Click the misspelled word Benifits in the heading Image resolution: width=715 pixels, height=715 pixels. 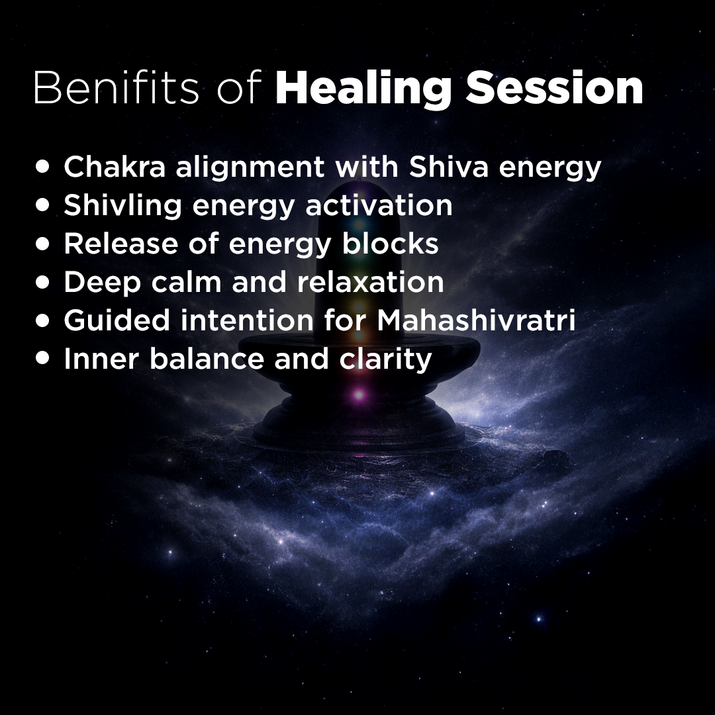[x=116, y=88]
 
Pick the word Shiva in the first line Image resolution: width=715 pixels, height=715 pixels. [x=450, y=167]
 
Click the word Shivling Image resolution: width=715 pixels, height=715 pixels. [x=123, y=206]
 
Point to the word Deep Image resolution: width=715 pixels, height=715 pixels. [x=100, y=283]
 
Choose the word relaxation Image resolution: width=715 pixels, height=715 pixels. [x=370, y=282]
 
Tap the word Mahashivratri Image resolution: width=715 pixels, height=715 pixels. [x=476, y=320]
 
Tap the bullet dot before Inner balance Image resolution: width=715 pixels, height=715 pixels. [x=44, y=359]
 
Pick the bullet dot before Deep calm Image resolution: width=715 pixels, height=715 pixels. [x=44, y=283]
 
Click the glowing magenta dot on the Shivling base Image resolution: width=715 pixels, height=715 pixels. [x=358, y=395]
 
